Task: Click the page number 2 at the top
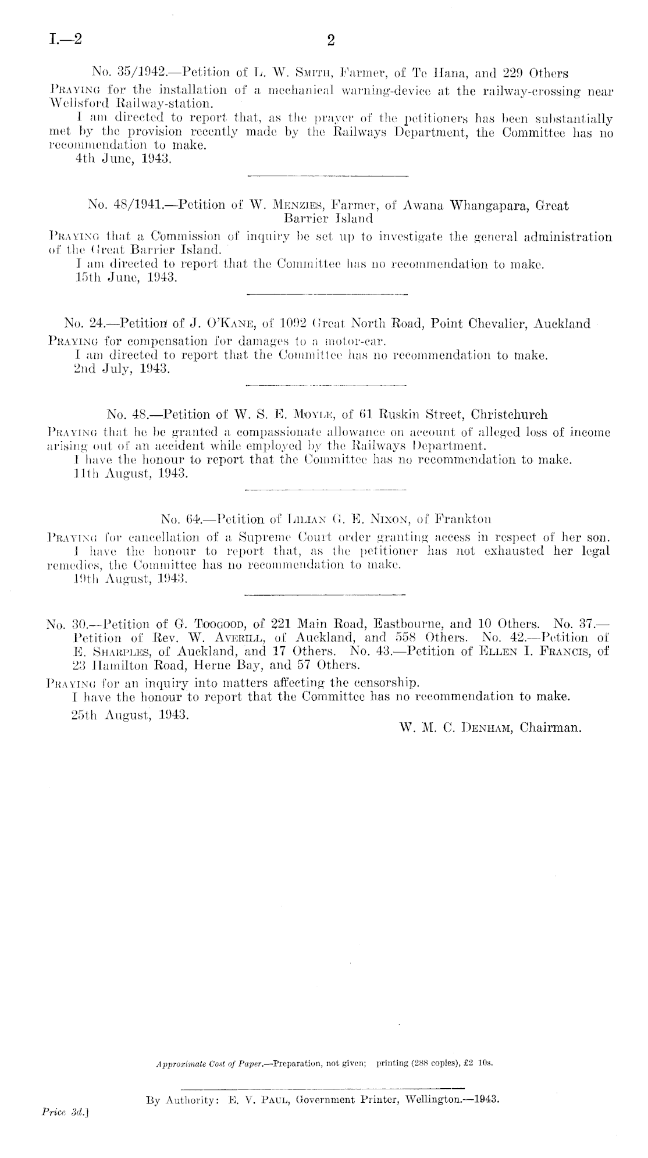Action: [331, 40]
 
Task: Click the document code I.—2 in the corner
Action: [66, 40]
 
